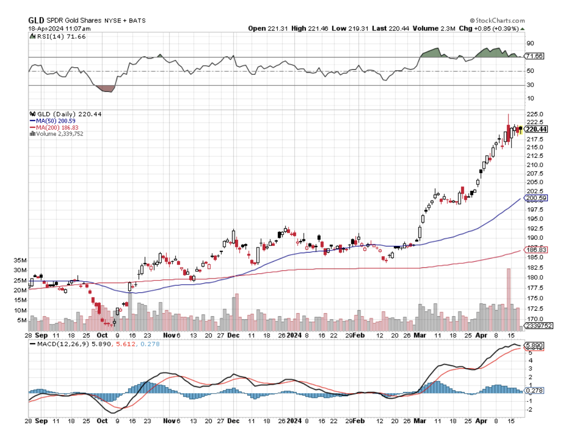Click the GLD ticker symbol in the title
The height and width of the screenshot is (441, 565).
click(36, 20)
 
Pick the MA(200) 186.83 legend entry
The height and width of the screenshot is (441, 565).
click(56, 127)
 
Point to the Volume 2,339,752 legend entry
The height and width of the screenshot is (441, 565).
click(59, 134)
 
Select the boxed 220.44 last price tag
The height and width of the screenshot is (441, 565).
click(536, 129)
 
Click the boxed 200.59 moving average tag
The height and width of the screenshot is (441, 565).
click(536, 198)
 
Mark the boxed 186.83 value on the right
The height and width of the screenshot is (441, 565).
click(536, 250)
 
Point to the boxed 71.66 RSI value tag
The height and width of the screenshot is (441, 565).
click(535, 56)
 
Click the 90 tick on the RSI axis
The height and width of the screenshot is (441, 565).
click(530, 43)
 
